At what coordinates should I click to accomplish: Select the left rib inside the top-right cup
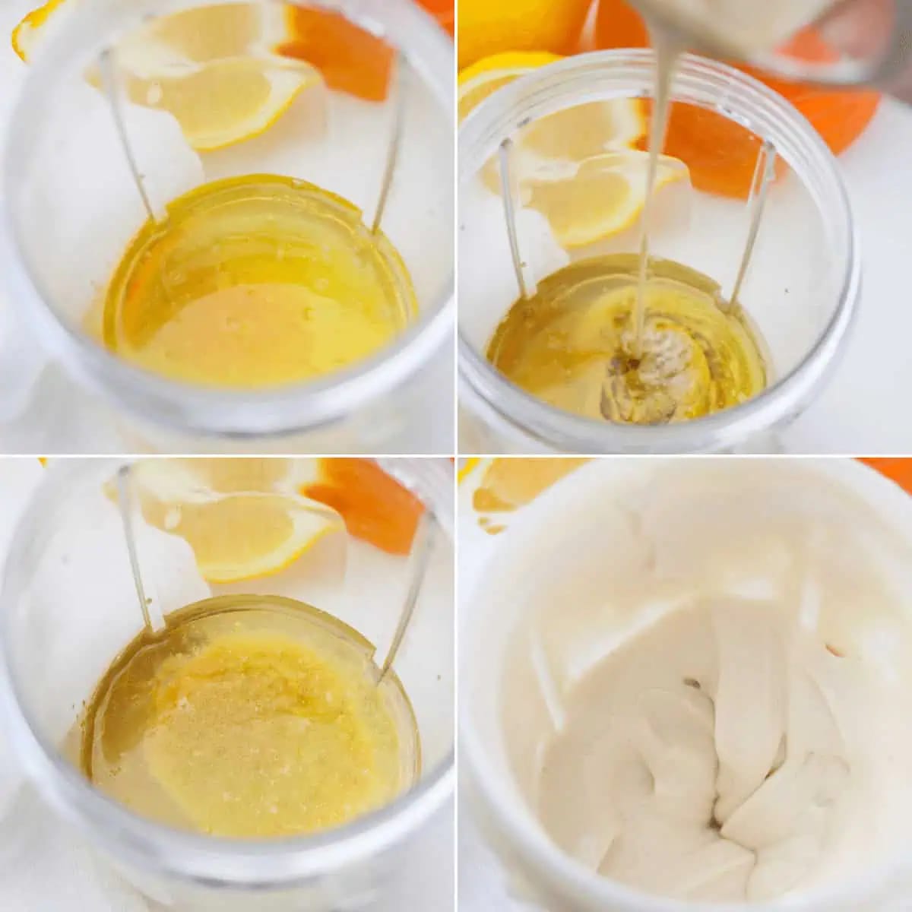[513, 220]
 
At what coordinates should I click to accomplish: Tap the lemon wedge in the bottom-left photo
[243, 532]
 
